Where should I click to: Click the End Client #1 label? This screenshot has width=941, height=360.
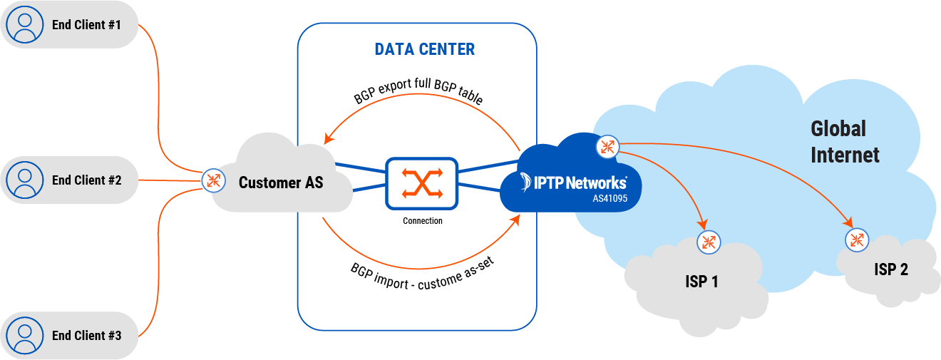tap(86, 25)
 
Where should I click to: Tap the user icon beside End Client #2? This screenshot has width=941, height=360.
tap(25, 180)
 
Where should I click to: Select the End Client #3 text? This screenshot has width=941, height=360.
tap(86, 335)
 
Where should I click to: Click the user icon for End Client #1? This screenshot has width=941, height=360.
tap(25, 25)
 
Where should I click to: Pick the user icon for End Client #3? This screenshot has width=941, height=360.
tap(25, 335)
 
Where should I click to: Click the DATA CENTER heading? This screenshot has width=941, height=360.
tap(424, 49)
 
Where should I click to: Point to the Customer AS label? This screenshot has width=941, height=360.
tap(280, 183)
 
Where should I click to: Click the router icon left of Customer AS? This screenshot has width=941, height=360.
tap(212, 180)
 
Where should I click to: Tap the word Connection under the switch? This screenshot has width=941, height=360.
tap(422, 221)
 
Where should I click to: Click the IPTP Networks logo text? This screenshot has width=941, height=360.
tap(574, 182)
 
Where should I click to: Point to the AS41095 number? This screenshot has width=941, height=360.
tap(610, 199)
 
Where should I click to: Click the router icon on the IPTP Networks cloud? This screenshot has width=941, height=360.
tap(607, 147)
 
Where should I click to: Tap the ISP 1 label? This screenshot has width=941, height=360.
tap(701, 282)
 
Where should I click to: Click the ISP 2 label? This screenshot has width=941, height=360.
tap(891, 269)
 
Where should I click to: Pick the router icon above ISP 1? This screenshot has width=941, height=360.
tap(708, 241)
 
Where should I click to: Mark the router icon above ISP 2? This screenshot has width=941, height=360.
tap(856, 240)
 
